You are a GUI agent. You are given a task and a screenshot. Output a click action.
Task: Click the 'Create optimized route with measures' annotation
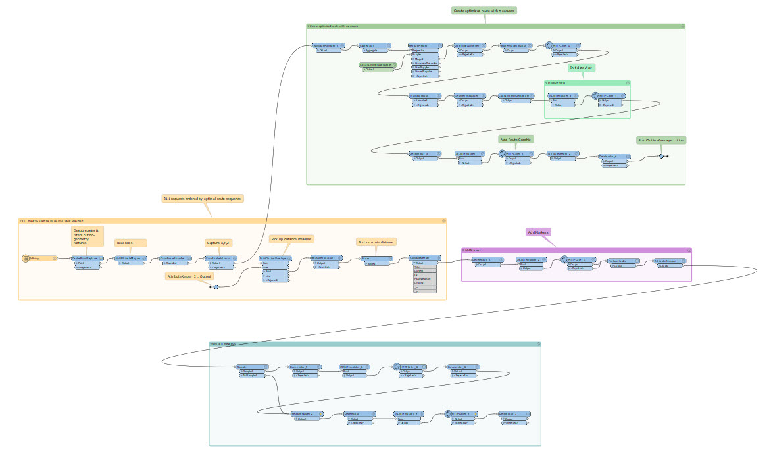click(484, 11)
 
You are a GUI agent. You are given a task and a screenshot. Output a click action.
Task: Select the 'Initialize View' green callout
click(582, 68)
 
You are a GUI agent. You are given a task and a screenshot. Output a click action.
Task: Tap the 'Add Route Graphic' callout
click(516, 140)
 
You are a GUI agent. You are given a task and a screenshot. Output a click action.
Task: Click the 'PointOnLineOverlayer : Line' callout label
click(660, 140)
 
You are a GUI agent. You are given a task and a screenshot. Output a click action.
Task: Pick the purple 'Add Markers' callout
click(538, 232)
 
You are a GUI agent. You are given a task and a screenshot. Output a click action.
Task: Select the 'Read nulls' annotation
click(130, 243)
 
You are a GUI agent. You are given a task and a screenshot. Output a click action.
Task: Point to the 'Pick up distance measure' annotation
click(291, 239)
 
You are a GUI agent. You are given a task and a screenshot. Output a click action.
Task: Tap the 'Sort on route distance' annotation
click(376, 242)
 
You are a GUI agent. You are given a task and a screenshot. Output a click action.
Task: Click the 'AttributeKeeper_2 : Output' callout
click(188, 277)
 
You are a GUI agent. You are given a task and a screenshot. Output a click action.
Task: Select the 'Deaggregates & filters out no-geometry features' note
click(87, 236)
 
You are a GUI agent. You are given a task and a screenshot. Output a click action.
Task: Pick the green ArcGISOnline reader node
click(376, 64)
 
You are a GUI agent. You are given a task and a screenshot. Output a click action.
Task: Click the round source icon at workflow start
click(26, 259)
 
